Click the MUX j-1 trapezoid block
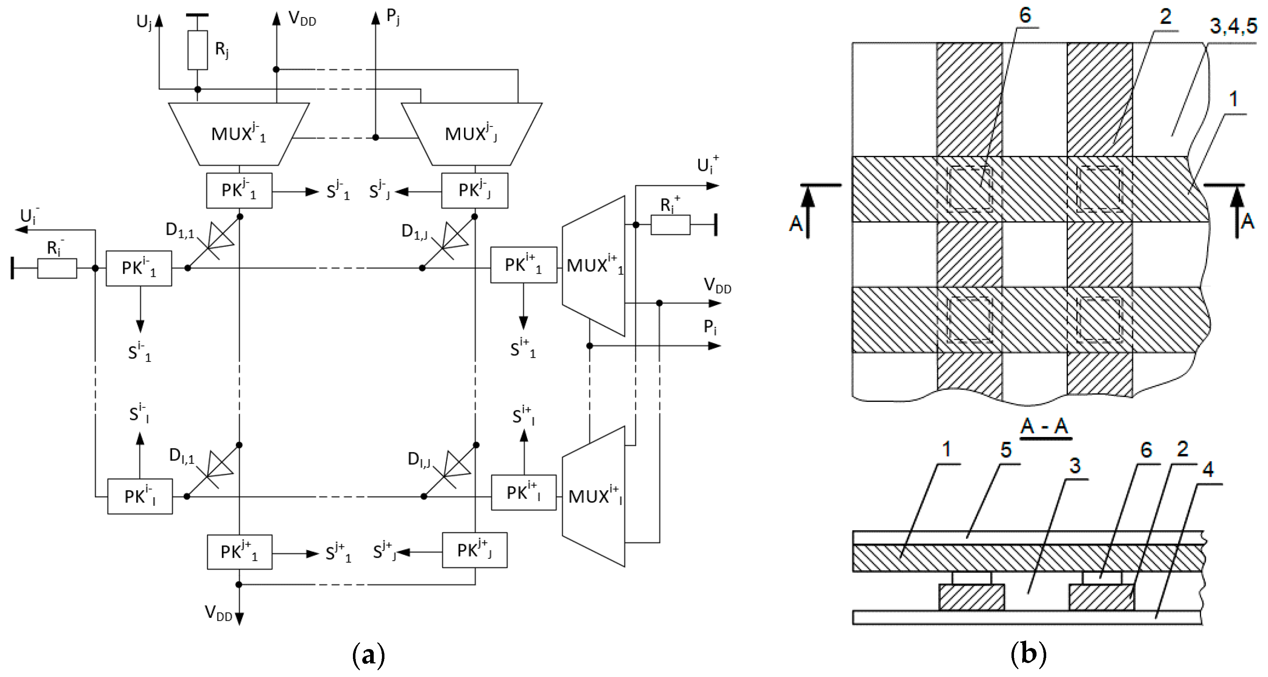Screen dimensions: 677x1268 [x=239, y=134]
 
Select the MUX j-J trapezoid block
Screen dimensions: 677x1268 [x=472, y=134]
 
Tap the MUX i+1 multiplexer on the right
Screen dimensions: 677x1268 [x=594, y=266]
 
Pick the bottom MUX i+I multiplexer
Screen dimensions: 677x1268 [x=594, y=496]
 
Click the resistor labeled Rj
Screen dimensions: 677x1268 [x=197, y=50]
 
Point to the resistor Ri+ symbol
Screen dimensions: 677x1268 [x=670, y=225]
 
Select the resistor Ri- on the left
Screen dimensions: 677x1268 [x=57, y=269]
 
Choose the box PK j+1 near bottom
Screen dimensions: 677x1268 [x=239, y=552]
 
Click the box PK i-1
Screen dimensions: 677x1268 [x=139, y=269]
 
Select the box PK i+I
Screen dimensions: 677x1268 [x=523, y=493]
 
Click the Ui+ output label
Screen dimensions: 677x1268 [x=707, y=165]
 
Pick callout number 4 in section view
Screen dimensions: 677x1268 [x=1207, y=469]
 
